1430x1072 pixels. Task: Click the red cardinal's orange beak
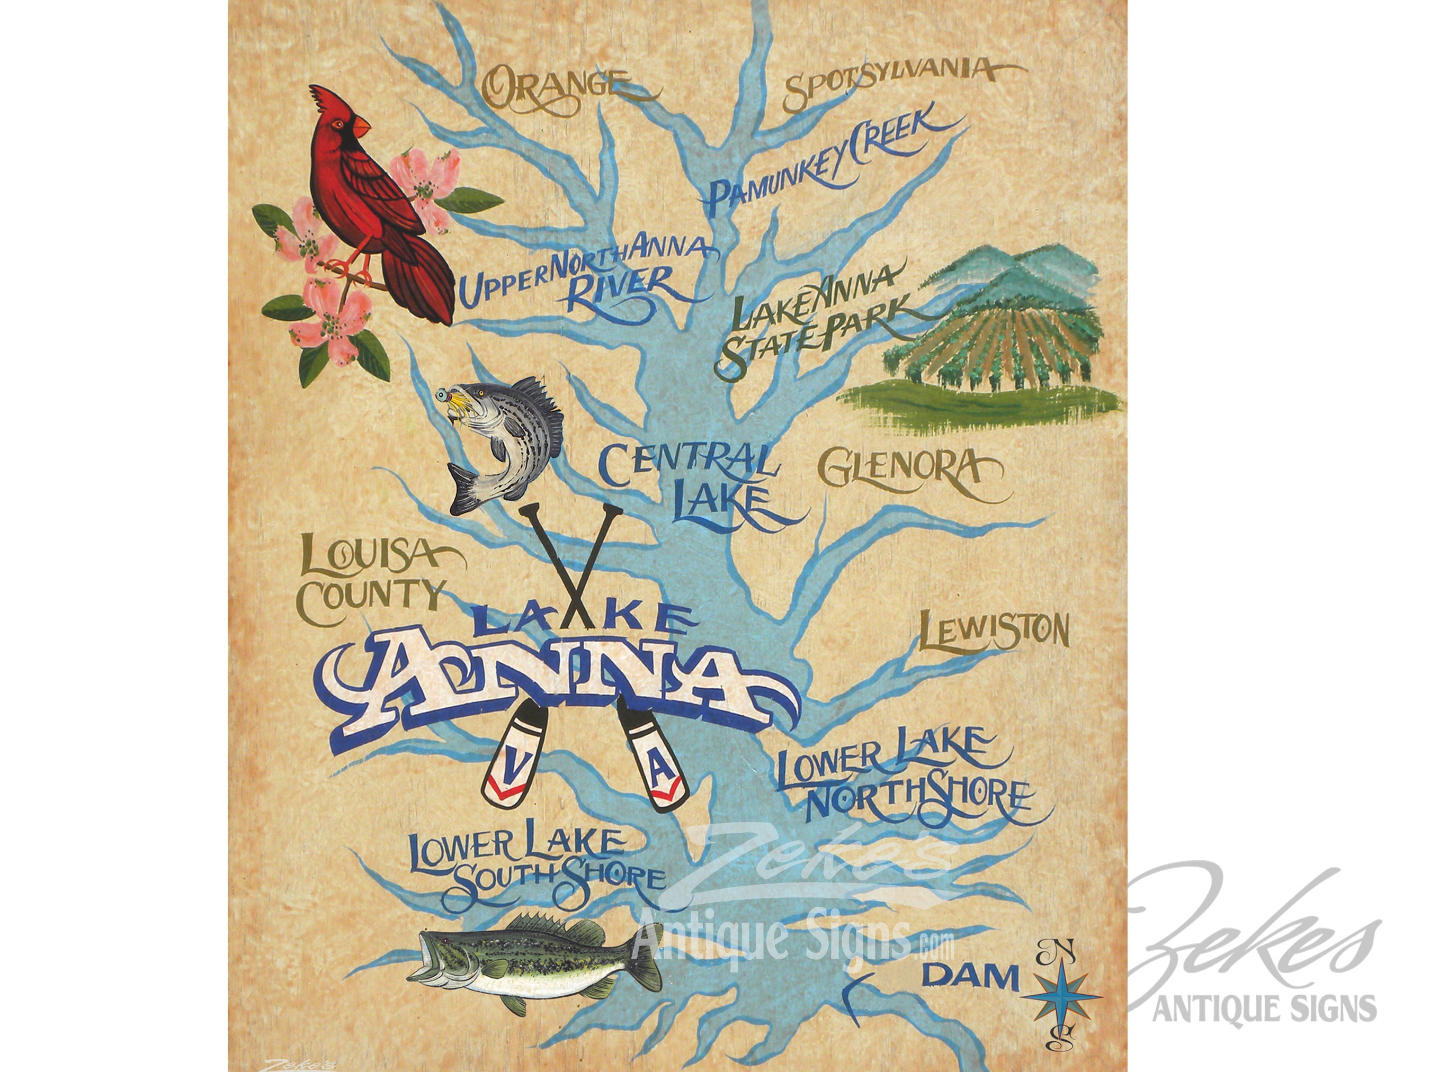click(x=360, y=127)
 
